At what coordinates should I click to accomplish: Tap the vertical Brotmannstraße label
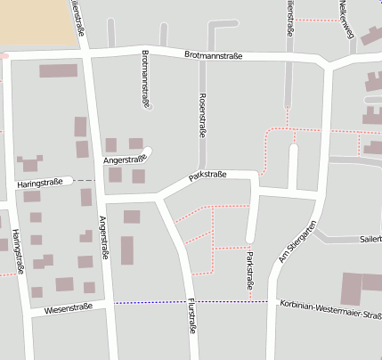click(145, 78)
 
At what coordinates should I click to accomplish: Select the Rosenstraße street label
click(203, 113)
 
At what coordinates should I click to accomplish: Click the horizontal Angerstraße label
click(125, 159)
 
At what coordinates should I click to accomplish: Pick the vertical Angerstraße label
click(104, 237)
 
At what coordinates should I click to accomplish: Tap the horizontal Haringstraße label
click(39, 183)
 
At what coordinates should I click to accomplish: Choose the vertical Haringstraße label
click(17, 250)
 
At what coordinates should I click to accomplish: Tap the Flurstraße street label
click(191, 317)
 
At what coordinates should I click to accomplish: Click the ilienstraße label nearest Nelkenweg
click(290, 18)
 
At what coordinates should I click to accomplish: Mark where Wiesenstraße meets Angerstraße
click(110, 306)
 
